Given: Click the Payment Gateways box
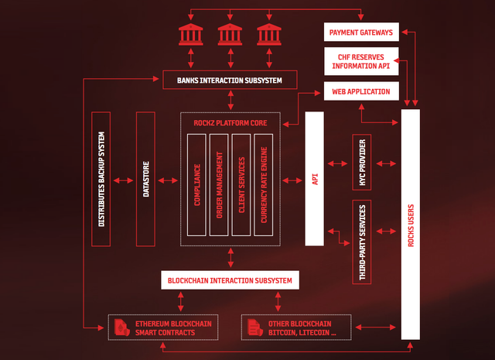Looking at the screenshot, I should (361, 33).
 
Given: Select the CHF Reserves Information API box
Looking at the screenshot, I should (361, 61).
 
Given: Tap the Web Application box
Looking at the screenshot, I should (361, 91).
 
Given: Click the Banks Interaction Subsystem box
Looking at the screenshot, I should (230, 79).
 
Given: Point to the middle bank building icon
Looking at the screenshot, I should (230, 34).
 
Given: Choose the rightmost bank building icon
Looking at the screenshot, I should (268, 34).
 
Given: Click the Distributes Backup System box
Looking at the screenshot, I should (101, 179).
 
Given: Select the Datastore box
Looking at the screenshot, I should (145, 179).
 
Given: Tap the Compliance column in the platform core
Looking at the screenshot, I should (197, 184).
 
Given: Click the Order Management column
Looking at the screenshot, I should (220, 184).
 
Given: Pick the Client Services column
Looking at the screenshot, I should (241, 184).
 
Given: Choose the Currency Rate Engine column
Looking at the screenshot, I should (264, 184).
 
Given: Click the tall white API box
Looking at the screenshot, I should (315, 178).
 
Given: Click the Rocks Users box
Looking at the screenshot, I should (410, 225).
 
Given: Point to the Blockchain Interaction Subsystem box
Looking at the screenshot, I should (230, 279).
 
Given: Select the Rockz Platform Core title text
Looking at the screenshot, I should (230, 122).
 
